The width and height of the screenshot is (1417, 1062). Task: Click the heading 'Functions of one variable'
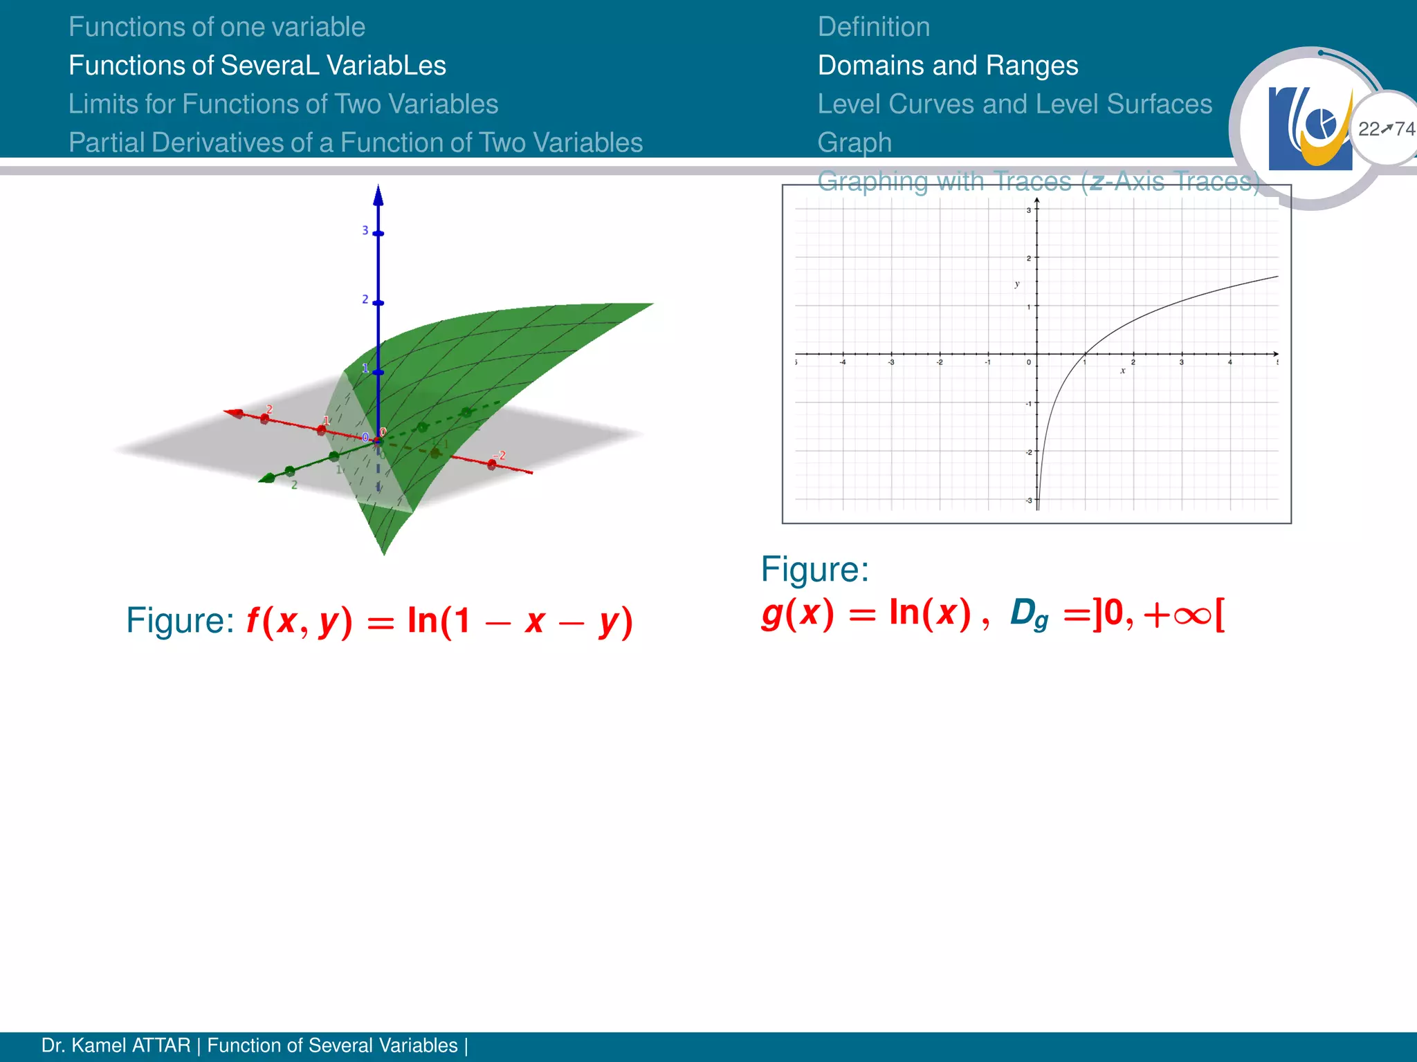tap(217, 27)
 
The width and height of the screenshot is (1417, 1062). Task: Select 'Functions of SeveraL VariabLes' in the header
tap(257, 66)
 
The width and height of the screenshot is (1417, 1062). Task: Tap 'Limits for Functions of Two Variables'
tap(283, 104)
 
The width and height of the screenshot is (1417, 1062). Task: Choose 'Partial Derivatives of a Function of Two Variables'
tap(356, 143)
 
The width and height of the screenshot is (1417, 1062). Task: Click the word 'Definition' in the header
tap(873, 27)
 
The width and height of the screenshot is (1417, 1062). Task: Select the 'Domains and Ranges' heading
tap(947, 66)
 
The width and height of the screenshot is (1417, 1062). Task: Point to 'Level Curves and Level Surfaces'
tap(1014, 104)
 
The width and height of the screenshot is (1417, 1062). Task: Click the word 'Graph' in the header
tap(854, 143)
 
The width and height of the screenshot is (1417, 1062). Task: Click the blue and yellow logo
tap(1310, 129)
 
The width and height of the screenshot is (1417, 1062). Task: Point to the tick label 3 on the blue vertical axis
tap(365, 230)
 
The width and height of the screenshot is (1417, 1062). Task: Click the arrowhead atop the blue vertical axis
tap(378, 195)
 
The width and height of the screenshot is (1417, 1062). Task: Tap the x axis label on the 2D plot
tap(1122, 371)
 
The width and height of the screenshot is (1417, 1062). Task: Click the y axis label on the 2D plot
tap(1016, 283)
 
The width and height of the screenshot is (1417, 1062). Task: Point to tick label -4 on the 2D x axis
tap(843, 362)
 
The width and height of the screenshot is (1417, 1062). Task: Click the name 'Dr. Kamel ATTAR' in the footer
tap(116, 1045)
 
